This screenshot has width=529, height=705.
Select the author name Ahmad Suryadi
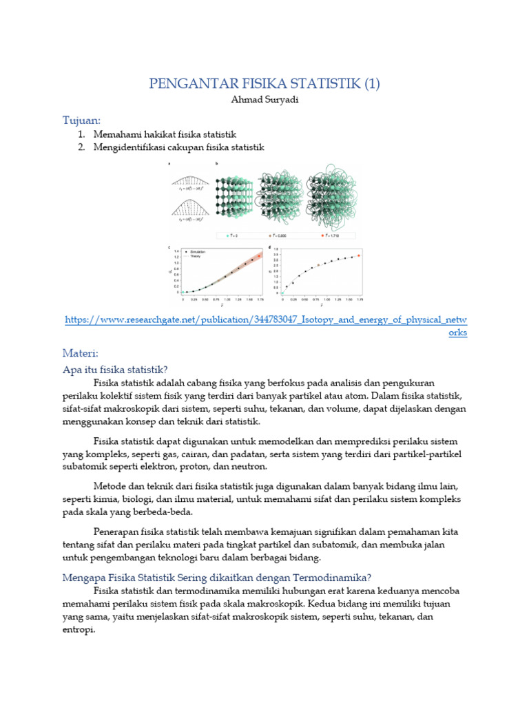tap(264, 101)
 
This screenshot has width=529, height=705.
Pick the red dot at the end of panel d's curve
tap(359, 255)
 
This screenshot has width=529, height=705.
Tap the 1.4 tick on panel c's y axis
tap(177, 251)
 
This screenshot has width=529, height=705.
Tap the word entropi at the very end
tap(77, 631)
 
